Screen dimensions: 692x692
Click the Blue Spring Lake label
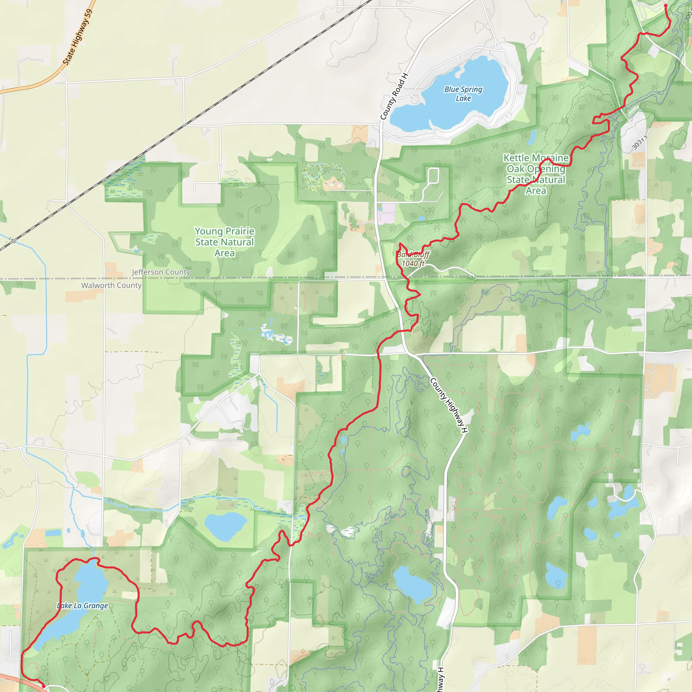pyautogui.click(x=463, y=94)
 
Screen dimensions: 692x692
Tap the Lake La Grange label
pyautogui.click(x=82, y=606)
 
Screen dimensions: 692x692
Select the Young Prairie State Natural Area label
pyautogui.click(x=225, y=242)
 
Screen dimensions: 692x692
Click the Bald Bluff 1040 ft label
pyautogui.click(x=413, y=259)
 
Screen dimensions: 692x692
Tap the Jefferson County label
pyautogui.click(x=161, y=272)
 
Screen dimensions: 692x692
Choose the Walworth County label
pyautogui.click(x=112, y=285)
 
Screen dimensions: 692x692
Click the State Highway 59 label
pyautogui.click(x=78, y=37)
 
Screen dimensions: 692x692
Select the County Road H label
pyautogui.click(x=394, y=96)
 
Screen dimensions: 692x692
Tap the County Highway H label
pyautogui.click(x=449, y=405)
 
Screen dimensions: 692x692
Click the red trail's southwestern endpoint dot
pyautogui.click(x=44, y=686)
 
